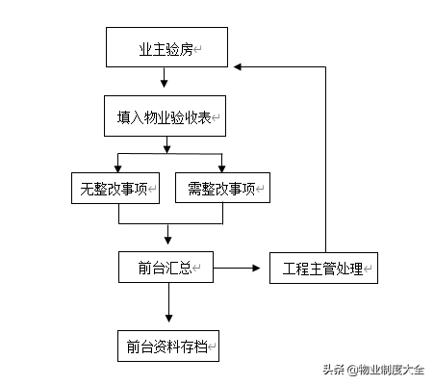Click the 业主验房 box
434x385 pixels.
click(166, 47)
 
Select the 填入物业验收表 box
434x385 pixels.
click(165, 115)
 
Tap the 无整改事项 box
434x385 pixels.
click(115, 188)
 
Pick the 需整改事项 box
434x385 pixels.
click(222, 188)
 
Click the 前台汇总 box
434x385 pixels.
click(166, 267)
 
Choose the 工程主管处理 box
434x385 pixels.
click(323, 268)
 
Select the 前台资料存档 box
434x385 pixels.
click(168, 346)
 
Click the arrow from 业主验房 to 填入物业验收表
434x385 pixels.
click(164, 77)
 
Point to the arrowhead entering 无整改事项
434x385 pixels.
click(118, 168)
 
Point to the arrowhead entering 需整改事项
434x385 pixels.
click(221, 168)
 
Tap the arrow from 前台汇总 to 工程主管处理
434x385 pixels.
click(237, 268)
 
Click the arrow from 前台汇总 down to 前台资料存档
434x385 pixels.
click(168, 302)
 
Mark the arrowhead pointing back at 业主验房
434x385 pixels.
click(238, 66)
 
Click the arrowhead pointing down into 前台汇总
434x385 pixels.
click(167, 241)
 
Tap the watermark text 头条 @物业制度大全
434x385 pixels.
click(373, 370)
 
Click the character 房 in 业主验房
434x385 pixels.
click(186, 49)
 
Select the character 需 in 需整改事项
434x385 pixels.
click(194, 189)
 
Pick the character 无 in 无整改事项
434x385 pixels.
click(87, 189)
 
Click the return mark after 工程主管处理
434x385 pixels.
click(368, 269)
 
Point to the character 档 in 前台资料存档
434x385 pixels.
click(201, 346)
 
